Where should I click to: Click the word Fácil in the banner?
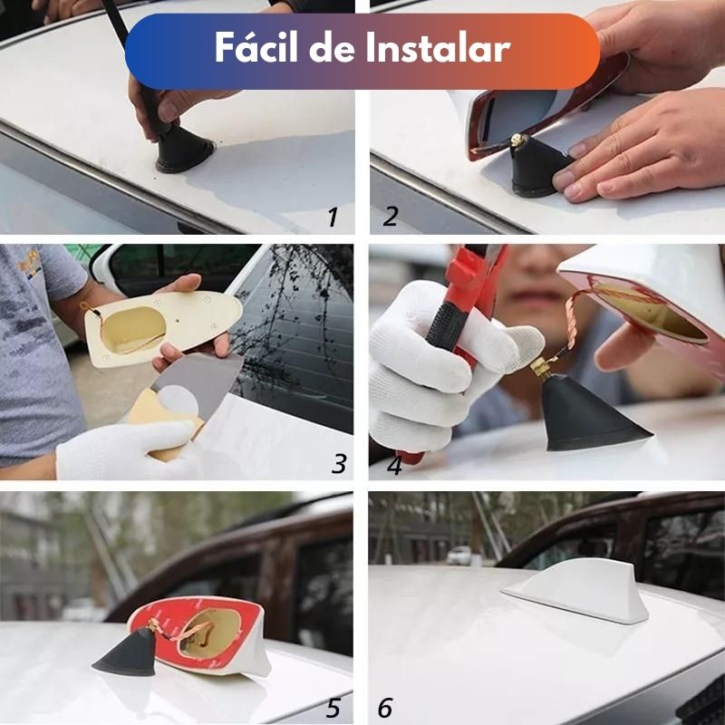pyautogui.click(x=256, y=47)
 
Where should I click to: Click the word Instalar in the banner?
pyautogui.click(x=439, y=47)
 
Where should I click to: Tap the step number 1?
pyautogui.click(x=333, y=217)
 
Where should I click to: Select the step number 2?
pyautogui.click(x=391, y=216)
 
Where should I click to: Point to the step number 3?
pyautogui.click(x=339, y=463)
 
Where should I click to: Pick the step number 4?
pyautogui.click(x=394, y=466)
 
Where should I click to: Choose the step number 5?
pyautogui.click(x=333, y=709)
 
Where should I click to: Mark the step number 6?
pyautogui.click(x=384, y=708)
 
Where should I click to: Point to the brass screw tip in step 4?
pyautogui.click(x=538, y=367)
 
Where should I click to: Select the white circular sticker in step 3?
pyautogui.click(x=178, y=401)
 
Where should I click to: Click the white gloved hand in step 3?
pyautogui.click(x=125, y=449)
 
